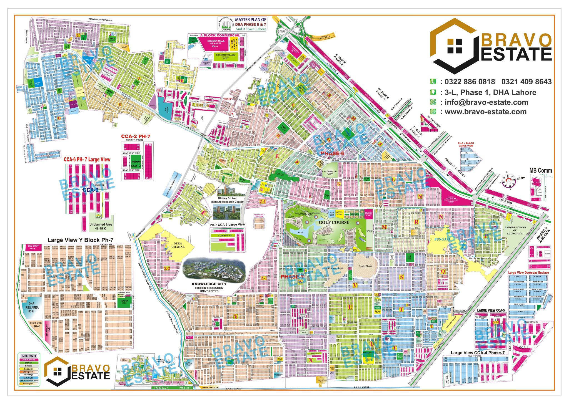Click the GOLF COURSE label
(x=334, y=222)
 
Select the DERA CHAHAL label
(x=178, y=245)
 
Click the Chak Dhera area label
(x=365, y=266)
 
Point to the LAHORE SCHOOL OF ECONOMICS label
(x=515, y=230)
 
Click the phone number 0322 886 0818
(x=470, y=82)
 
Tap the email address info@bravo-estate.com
(x=486, y=102)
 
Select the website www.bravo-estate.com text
(x=485, y=112)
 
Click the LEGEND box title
(x=28, y=356)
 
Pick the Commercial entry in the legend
(x=28, y=360)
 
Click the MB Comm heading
(x=540, y=170)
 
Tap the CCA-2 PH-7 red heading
(x=136, y=136)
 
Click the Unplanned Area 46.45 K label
(x=101, y=226)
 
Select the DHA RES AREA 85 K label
(x=32, y=307)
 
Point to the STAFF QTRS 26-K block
(x=36, y=325)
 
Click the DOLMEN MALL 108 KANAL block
(x=216, y=43)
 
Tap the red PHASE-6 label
(x=332, y=153)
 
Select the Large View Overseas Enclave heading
(x=528, y=272)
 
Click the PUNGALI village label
(x=442, y=239)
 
